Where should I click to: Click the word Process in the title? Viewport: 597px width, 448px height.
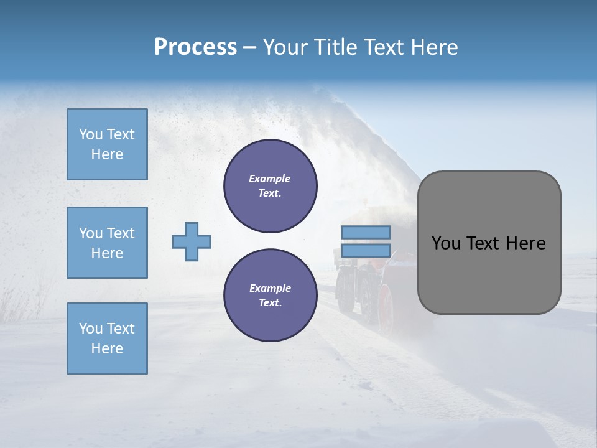click(195, 47)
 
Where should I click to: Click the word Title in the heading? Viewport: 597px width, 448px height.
click(333, 47)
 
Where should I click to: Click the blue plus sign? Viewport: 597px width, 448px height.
click(192, 241)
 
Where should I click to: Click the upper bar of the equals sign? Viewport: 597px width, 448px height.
click(366, 232)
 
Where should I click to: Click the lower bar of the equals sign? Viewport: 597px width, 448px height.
click(366, 251)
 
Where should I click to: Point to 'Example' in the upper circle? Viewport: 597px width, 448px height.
click(270, 179)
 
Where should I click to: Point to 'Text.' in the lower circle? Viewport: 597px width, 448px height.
click(270, 303)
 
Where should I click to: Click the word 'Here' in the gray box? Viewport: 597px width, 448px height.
click(525, 243)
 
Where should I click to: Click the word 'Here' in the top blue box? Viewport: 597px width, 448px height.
click(107, 154)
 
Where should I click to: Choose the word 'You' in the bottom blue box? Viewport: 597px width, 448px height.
click(90, 329)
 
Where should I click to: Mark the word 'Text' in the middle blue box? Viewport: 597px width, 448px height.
click(121, 233)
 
